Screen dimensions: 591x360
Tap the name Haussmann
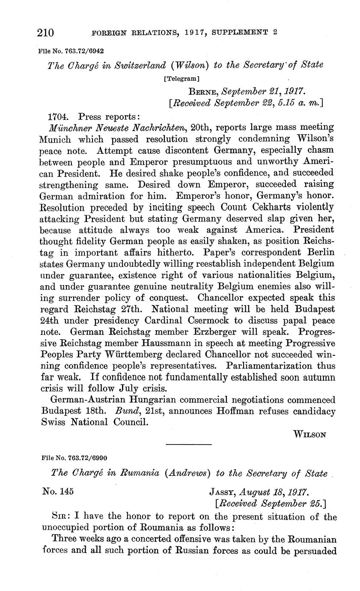(163, 343)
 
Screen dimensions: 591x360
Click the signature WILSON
(310, 434)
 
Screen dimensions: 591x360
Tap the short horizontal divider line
(188, 444)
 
